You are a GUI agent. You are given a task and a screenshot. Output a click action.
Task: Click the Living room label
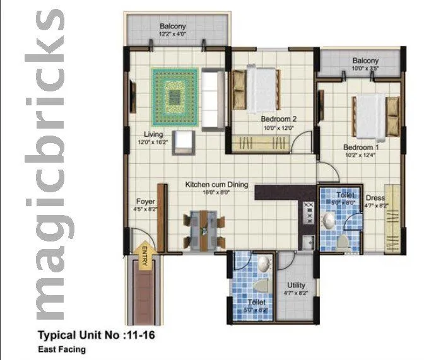pos(153,134)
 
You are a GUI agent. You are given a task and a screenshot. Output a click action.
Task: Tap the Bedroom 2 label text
pos(279,119)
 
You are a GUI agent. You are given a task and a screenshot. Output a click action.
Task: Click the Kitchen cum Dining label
pos(216,185)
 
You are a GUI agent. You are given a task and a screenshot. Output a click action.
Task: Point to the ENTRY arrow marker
pos(144,257)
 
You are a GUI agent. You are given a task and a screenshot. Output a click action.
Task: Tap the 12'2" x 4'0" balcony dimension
pos(172,33)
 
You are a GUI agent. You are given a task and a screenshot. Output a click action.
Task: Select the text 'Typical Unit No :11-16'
pos(97,335)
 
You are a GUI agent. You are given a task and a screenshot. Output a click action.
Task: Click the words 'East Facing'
pos(62,349)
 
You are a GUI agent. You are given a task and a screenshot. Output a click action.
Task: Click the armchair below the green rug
pos(184,144)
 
